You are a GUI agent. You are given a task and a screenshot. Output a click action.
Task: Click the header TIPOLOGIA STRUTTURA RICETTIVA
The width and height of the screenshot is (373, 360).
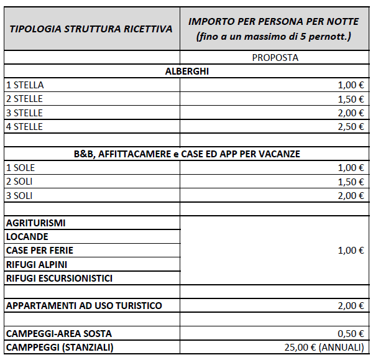pyautogui.click(x=91, y=29)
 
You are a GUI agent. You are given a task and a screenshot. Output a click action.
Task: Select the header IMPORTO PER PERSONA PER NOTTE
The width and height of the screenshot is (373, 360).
pyautogui.click(x=274, y=22)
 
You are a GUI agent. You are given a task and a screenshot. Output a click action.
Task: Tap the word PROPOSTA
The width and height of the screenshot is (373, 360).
pyautogui.click(x=275, y=58)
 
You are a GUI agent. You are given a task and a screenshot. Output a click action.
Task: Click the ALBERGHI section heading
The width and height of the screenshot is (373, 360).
pyautogui.click(x=186, y=72)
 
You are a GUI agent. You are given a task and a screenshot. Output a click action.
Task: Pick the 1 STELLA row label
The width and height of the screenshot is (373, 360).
pyautogui.click(x=25, y=85)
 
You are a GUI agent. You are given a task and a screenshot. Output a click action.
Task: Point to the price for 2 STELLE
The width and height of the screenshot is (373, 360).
pyautogui.click(x=351, y=99)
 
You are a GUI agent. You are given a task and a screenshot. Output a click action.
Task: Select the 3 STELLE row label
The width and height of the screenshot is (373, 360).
pyautogui.click(x=24, y=113)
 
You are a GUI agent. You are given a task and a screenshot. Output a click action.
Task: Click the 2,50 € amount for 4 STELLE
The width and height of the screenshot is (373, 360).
pyautogui.click(x=351, y=126)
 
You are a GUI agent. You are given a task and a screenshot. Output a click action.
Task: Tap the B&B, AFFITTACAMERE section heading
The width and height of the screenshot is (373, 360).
pyautogui.click(x=186, y=154)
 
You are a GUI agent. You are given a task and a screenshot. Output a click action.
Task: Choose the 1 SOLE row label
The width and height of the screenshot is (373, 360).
pyautogui.click(x=20, y=167)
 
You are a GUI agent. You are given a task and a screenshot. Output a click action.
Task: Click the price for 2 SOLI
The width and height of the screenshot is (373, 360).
pyautogui.click(x=351, y=181)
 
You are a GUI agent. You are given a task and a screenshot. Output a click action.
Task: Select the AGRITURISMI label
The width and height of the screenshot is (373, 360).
pyautogui.click(x=35, y=223)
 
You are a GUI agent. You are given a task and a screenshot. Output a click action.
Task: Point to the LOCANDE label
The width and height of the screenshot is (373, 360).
pyautogui.click(x=27, y=236)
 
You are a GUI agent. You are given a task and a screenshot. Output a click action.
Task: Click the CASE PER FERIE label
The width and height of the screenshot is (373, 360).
pyautogui.click(x=39, y=250)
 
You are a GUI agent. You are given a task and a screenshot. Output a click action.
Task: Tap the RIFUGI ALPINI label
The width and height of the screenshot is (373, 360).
pyautogui.click(x=36, y=264)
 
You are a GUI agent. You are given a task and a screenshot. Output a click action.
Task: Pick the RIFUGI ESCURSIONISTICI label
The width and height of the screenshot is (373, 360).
pyautogui.click(x=59, y=278)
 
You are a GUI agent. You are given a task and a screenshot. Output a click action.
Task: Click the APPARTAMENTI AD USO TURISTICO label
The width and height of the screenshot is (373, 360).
pyautogui.click(x=84, y=305)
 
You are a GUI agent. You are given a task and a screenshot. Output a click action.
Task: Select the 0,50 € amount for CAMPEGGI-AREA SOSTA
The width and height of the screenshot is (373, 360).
pyautogui.click(x=351, y=333)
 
